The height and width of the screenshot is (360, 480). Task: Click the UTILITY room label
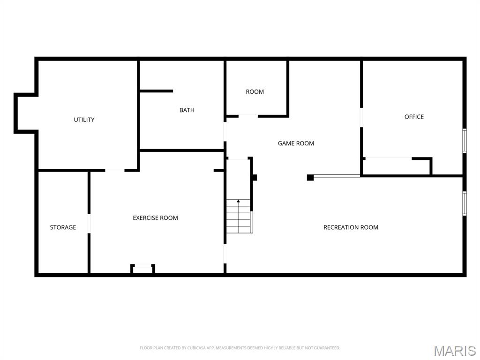coord(84,120)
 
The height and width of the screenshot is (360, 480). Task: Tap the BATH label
coord(187,110)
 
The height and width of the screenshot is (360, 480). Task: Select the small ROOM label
coord(255,92)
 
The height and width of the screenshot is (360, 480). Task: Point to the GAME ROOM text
coord(296,143)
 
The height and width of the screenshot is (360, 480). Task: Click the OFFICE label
coord(414,117)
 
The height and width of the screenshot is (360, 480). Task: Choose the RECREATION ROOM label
coord(351,227)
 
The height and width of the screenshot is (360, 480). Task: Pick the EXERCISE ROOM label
coord(155,218)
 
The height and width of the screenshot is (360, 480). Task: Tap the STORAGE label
coord(63,227)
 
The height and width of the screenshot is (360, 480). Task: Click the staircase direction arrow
coord(238,202)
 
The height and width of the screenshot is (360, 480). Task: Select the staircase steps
coord(239,217)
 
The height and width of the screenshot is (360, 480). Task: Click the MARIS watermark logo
coord(454,351)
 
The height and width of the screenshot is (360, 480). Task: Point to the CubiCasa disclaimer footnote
coord(240,348)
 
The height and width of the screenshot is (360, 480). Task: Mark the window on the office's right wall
coord(464,141)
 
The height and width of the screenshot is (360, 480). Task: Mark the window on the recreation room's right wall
coord(464,203)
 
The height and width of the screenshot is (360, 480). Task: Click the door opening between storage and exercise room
coord(89,223)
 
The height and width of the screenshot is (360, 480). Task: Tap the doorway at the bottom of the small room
coord(248,115)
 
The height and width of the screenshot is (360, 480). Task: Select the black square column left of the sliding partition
coord(310,177)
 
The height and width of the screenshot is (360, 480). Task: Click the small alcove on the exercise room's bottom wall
coord(143,269)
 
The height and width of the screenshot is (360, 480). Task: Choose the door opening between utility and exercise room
coord(114,170)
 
